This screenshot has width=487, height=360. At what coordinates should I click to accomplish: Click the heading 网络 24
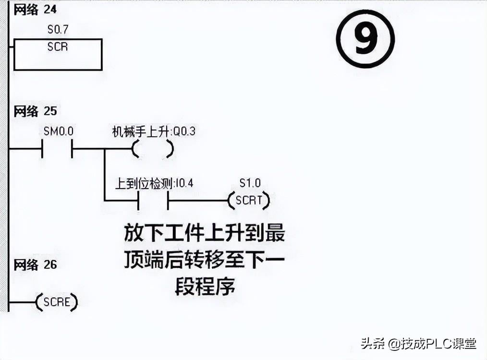tap(35, 10)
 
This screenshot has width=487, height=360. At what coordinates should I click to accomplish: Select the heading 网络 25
tap(35, 111)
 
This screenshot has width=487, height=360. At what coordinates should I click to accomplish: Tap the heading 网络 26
tap(35, 264)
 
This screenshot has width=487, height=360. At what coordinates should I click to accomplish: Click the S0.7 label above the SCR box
tap(58, 30)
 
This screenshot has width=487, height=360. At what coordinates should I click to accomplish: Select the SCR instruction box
tap(58, 54)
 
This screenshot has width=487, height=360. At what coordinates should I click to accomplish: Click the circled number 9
tap(365, 39)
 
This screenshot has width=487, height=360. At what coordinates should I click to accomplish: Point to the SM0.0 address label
tap(57, 131)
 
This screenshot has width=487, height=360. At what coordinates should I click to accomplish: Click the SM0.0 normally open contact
tap(57, 149)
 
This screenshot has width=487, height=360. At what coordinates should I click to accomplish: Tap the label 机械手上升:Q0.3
tap(154, 131)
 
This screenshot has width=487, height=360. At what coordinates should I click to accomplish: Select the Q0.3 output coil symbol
tap(152, 149)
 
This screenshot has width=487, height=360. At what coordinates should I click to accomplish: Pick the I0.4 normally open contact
tap(153, 201)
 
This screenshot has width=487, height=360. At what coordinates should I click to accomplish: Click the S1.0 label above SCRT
tap(250, 183)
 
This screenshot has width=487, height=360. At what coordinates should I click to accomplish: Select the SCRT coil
tap(249, 201)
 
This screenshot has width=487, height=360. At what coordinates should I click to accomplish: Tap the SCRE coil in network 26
tap(57, 302)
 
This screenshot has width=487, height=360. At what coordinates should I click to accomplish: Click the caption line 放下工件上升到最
tap(205, 233)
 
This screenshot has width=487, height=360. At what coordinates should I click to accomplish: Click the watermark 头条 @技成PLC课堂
tap(418, 344)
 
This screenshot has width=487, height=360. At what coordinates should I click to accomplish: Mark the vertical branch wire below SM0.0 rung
tap(104, 175)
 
